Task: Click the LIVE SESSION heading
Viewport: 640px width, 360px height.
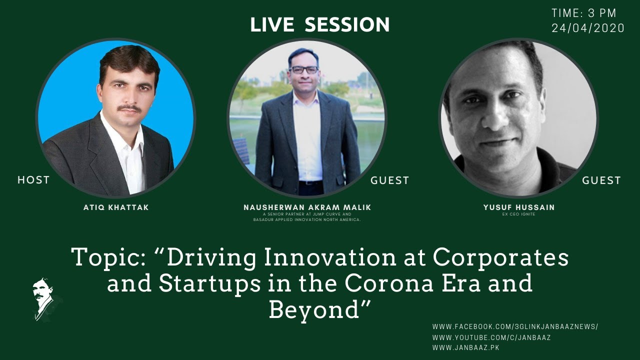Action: click(319, 24)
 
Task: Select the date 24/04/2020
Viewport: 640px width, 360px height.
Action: click(587, 28)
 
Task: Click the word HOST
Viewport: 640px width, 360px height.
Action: click(33, 180)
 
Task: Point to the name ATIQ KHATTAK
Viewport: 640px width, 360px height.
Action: click(116, 207)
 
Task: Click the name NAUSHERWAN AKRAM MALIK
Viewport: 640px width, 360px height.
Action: click(307, 207)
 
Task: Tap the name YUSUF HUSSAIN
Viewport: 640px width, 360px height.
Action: click(519, 207)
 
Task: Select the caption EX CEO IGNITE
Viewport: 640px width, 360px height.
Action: click(518, 214)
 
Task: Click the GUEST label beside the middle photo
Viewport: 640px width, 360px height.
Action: click(389, 180)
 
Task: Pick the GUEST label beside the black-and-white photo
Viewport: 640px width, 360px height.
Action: click(601, 180)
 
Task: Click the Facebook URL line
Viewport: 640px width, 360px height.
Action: click(515, 326)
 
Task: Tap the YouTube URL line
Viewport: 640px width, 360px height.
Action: click(491, 337)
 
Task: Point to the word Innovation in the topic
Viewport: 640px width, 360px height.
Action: click(330, 257)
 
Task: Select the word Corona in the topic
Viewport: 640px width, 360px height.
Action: click(389, 283)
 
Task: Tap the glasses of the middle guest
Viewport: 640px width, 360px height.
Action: click(303, 69)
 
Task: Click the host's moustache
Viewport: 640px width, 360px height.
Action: click(129, 108)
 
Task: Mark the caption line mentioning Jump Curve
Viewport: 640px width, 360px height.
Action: click(307, 214)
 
